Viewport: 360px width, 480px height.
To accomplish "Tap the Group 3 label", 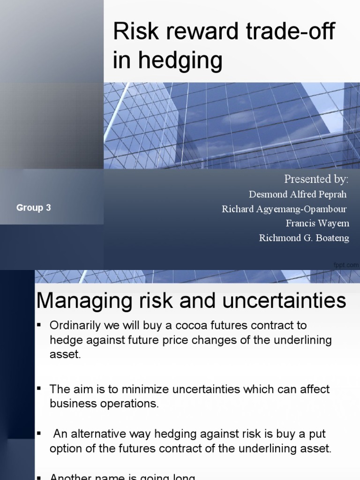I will [34, 208].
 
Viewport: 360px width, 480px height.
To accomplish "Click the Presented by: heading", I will [316, 180].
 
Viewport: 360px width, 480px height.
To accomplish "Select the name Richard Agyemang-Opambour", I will [285, 209].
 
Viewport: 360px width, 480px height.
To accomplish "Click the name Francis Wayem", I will [317, 223].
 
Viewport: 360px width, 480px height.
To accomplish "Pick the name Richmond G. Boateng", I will [304, 238].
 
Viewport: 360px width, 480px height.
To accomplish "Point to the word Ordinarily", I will [76, 325].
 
